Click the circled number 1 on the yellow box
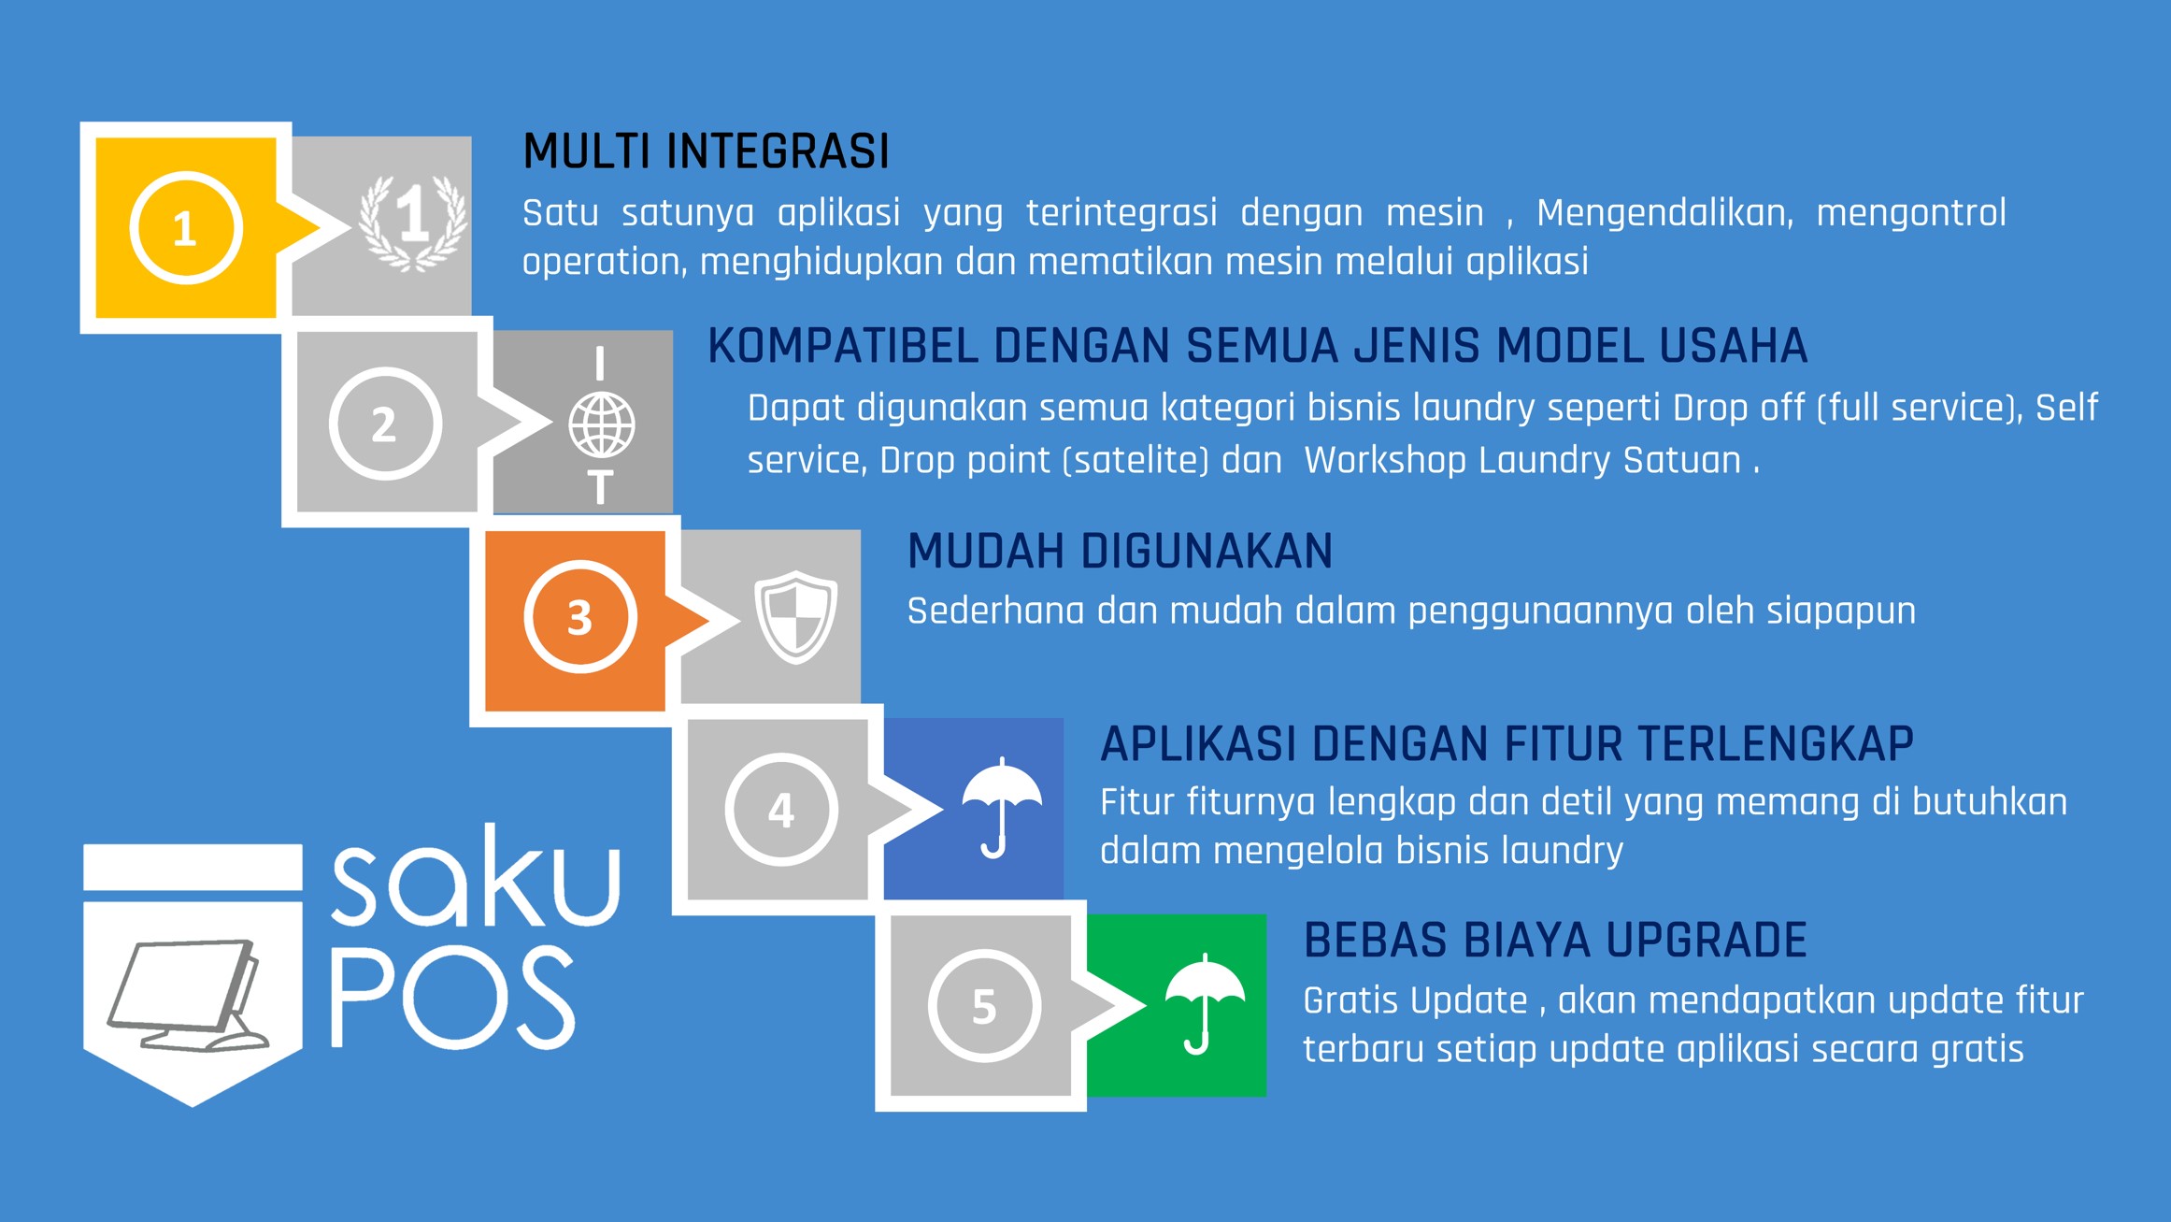click(186, 228)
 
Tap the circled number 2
click(384, 424)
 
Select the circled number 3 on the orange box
click(580, 617)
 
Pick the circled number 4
click(781, 810)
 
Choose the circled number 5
click(984, 1006)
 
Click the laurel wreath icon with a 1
click(413, 223)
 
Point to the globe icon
click(602, 425)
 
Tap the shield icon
click(795, 617)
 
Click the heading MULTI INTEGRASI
click(706, 151)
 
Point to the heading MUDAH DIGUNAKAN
click(1120, 551)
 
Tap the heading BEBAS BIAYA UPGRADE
click(1555, 940)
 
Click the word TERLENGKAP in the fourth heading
click(1775, 744)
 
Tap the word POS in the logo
click(452, 997)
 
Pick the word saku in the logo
click(476, 876)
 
